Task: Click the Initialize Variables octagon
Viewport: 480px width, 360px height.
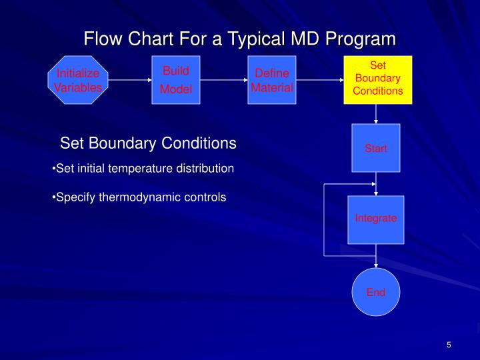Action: point(78,80)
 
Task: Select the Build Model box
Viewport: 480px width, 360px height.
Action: point(176,80)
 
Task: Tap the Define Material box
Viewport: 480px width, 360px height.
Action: point(271,80)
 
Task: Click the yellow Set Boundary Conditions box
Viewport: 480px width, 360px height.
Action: point(377,80)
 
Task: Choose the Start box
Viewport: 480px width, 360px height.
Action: point(376,148)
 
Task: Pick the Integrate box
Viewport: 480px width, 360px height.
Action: point(376,219)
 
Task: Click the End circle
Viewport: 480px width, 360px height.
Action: point(376,292)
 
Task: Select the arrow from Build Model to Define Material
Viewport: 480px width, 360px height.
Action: point(224,80)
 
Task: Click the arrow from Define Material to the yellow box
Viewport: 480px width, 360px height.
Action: point(319,80)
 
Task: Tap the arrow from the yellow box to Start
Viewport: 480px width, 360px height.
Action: point(377,114)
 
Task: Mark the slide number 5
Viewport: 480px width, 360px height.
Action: point(449,344)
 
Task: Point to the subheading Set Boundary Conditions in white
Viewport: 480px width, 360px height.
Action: point(148,143)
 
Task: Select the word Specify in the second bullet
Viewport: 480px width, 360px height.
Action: point(76,197)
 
